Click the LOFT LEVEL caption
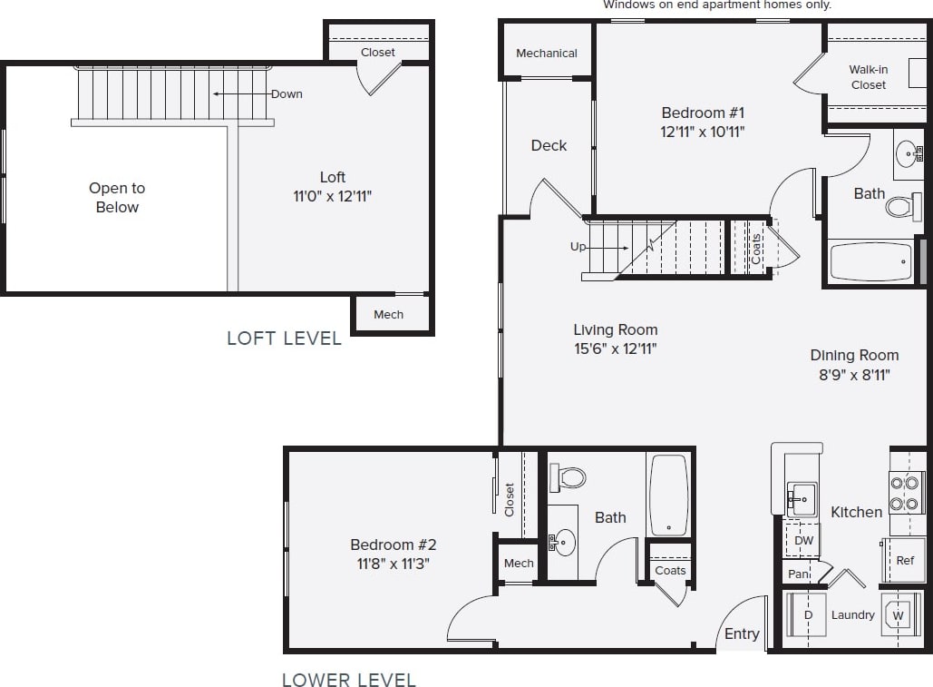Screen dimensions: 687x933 tap(284, 339)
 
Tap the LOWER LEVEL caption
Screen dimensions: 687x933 tap(348, 680)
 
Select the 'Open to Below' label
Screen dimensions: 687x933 tap(117, 198)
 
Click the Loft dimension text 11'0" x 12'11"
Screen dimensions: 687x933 tap(333, 195)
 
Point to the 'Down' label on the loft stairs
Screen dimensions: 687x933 tap(287, 93)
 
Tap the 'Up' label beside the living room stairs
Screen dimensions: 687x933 tap(578, 247)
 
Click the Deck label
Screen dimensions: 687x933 tap(549, 145)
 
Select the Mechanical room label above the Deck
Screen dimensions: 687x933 tap(547, 54)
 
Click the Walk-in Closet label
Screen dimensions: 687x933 tap(868, 77)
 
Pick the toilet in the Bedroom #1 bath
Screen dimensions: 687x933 tap(900, 207)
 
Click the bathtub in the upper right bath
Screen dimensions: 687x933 tap(870, 261)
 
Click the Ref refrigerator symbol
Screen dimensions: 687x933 tap(904, 561)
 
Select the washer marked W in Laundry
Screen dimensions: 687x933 tap(899, 615)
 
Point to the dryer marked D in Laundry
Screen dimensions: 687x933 tap(807, 615)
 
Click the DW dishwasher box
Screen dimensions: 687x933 tap(803, 541)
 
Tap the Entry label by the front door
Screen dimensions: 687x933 tap(742, 633)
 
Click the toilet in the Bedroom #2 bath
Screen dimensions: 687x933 tap(569, 476)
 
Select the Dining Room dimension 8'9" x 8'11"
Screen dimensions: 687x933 tap(854, 374)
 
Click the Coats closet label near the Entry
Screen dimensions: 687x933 tap(670, 570)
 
